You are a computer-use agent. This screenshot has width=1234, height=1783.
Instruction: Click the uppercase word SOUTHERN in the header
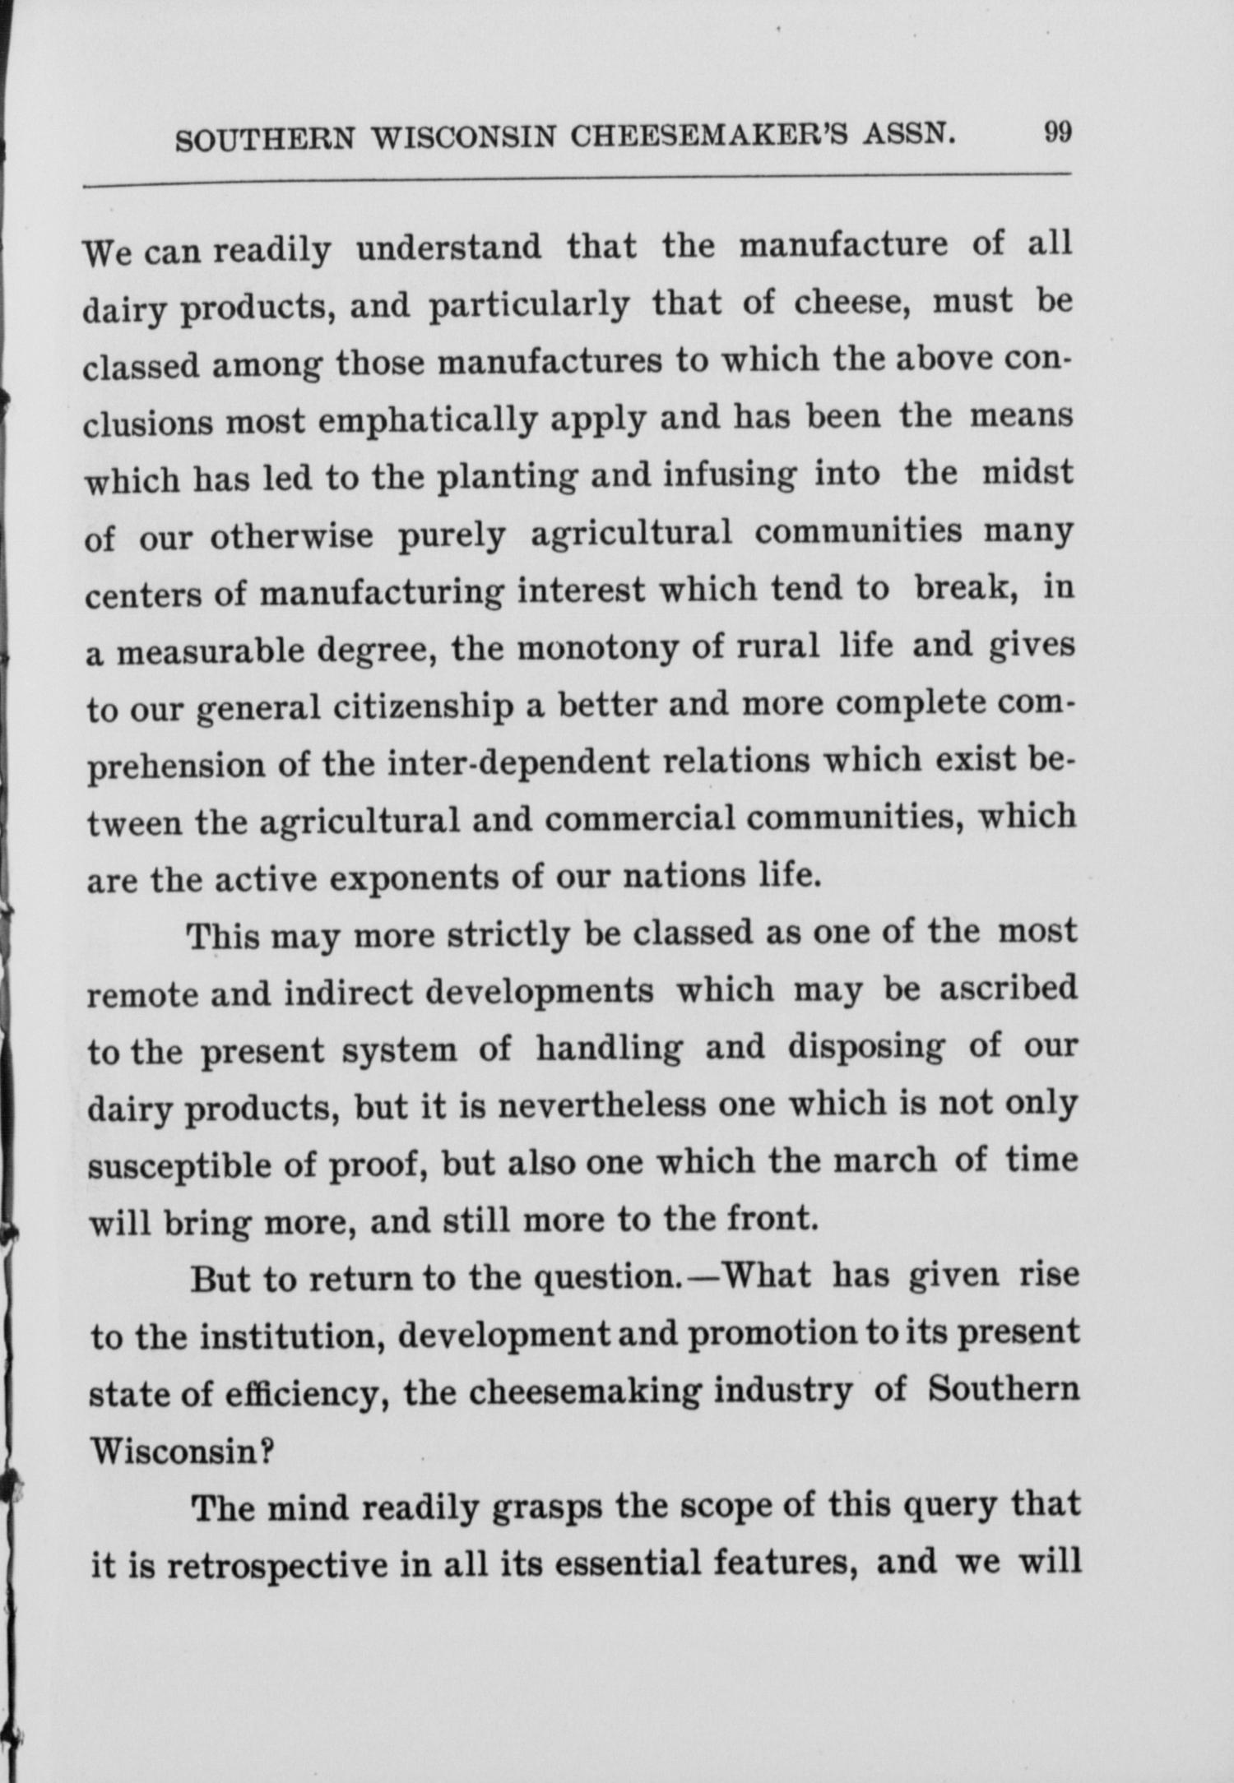[265, 141]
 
